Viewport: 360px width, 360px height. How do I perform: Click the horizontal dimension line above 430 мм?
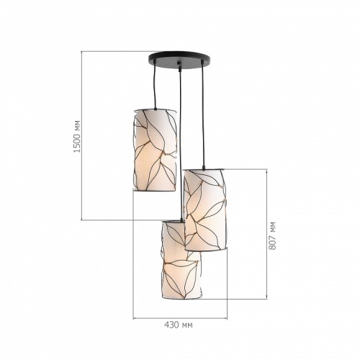point(180,316)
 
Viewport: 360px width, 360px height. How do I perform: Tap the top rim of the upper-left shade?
point(155,109)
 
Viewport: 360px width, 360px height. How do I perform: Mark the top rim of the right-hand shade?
point(205,170)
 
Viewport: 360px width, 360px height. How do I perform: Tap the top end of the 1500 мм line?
point(83,51)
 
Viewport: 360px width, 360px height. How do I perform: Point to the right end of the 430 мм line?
point(228,316)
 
